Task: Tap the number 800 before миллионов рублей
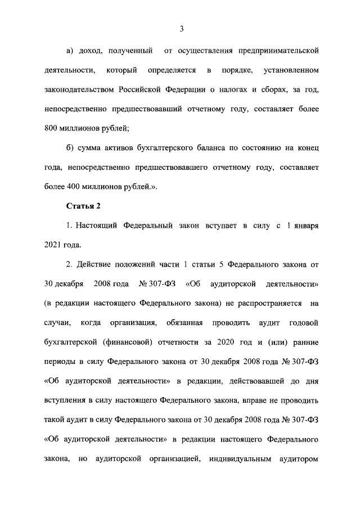pyautogui.click(x=52, y=128)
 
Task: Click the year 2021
pyautogui.click(x=53, y=245)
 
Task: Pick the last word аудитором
pyautogui.click(x=299, y=458)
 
